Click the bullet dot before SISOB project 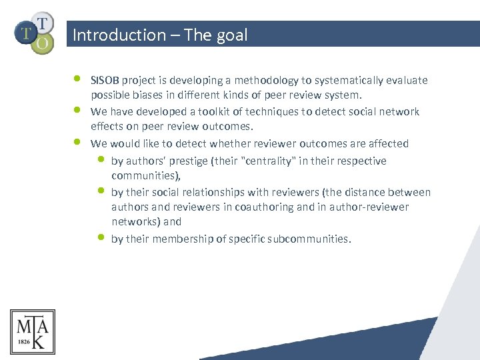pos(78,78)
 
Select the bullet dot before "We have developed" pos(78,109)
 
